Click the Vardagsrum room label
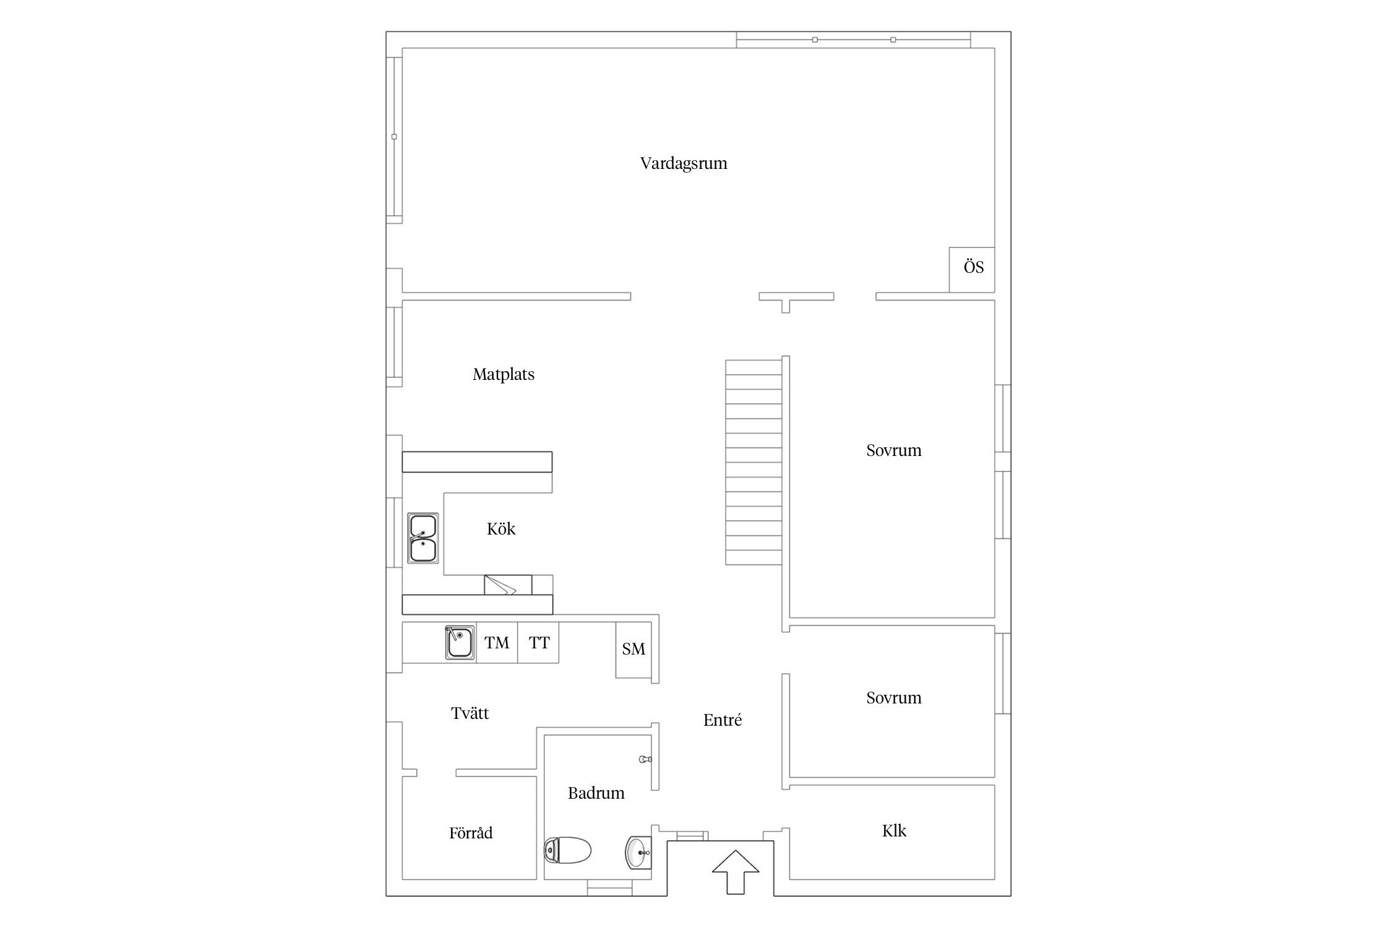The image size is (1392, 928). point(684,163)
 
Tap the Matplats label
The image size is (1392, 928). point(504,374)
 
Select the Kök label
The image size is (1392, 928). point(501,529)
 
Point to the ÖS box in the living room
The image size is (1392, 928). point(972,270)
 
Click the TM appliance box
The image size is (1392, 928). point(497,643)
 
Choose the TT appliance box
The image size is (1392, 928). point(538,643)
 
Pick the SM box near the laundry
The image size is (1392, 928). point(634,650)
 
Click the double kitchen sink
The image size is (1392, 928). point(423,538)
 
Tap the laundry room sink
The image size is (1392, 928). point(460,643)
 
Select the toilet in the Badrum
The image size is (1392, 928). point(567,850)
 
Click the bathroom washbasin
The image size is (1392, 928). point(638,852)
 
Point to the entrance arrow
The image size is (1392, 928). point(735,872)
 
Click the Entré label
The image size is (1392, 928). point(723,720)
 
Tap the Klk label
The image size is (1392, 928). point(894,831)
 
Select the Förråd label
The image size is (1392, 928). point(471,833)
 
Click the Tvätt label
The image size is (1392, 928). point(470,713)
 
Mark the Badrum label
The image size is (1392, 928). point(596,793)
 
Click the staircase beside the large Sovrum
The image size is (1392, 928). point(754,463)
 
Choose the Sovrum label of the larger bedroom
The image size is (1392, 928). point(894,450)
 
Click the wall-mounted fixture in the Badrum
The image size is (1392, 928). point(645,759)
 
